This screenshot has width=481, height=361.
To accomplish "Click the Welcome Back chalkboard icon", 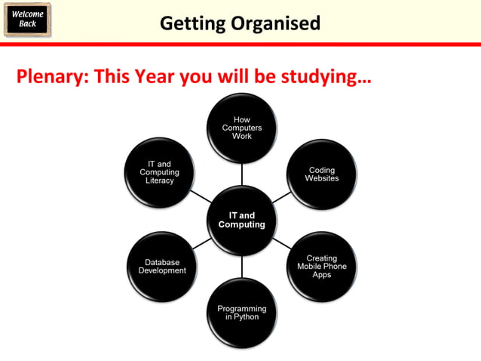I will [x=27, y=19].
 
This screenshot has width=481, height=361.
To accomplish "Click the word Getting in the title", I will [x=191, y=23].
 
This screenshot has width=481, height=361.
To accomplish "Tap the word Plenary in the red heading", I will [x=50, y=77].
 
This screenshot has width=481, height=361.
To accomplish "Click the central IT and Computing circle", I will [x=242, y=220].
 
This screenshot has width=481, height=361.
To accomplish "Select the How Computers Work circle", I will [x=242, y=128].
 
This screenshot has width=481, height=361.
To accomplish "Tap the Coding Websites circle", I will [x=322, y=174].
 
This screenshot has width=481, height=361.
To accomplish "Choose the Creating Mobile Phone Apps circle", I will [x=322, y=267].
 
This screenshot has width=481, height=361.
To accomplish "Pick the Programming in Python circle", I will [x=242, y=313].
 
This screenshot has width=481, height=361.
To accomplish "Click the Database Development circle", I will [x=162, y=267].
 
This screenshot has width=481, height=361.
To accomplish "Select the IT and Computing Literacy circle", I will [x=160, y=173].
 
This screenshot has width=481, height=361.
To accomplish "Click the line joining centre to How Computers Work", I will [x=242, y=174].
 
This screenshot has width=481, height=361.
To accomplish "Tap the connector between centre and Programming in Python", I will [x=242, y=266].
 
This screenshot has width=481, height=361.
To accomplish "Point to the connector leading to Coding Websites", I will [x=280, y=198].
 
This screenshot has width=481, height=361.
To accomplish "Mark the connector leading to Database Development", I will [x=202, y=243].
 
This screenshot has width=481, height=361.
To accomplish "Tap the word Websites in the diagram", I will [x=322, y=179].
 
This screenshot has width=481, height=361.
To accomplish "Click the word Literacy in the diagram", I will [x=160, y=181].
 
